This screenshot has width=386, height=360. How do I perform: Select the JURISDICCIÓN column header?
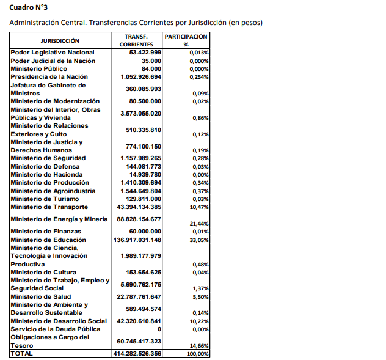pos(60,40)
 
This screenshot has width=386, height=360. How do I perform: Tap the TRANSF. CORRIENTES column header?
pos(136,40)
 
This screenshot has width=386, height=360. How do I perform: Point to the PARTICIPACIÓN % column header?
pos(186,40)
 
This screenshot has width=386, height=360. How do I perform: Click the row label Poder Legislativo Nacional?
pos(53,53)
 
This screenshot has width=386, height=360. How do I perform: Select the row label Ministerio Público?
pos(40,69)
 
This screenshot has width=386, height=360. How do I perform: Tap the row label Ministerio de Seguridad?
pos(48,158)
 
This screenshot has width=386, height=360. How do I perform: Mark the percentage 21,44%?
pos(199,224)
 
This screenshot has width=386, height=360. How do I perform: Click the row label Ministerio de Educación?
pos(49,240)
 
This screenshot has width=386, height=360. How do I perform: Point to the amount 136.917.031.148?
pos(137,240)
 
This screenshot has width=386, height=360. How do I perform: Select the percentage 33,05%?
pos(199,240)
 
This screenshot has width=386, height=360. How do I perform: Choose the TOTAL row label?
pos(21,353)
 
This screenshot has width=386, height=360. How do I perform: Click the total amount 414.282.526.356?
pos(137,353)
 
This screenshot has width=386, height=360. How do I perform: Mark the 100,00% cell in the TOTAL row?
pos(198,354)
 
